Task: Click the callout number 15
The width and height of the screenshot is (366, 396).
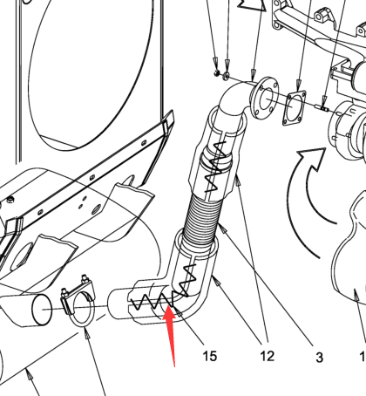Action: coord(209,356)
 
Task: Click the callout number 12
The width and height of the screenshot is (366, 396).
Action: coord(268,356)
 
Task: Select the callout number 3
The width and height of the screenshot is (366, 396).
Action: coord(319,357)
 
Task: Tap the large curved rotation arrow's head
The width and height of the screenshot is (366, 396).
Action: coord(313,158)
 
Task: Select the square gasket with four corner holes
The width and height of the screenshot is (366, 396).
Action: coord(294,107)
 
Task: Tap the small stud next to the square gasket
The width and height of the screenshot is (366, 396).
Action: coord(322,108)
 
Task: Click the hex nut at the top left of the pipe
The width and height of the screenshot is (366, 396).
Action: coord(216,72)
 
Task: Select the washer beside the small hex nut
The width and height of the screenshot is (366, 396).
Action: coord(226,76)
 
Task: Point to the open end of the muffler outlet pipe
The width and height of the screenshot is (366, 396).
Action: coord(42,309)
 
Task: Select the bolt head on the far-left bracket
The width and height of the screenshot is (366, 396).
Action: coord(10,199)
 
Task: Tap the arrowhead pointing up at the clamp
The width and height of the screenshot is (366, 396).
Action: coord(86,334)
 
